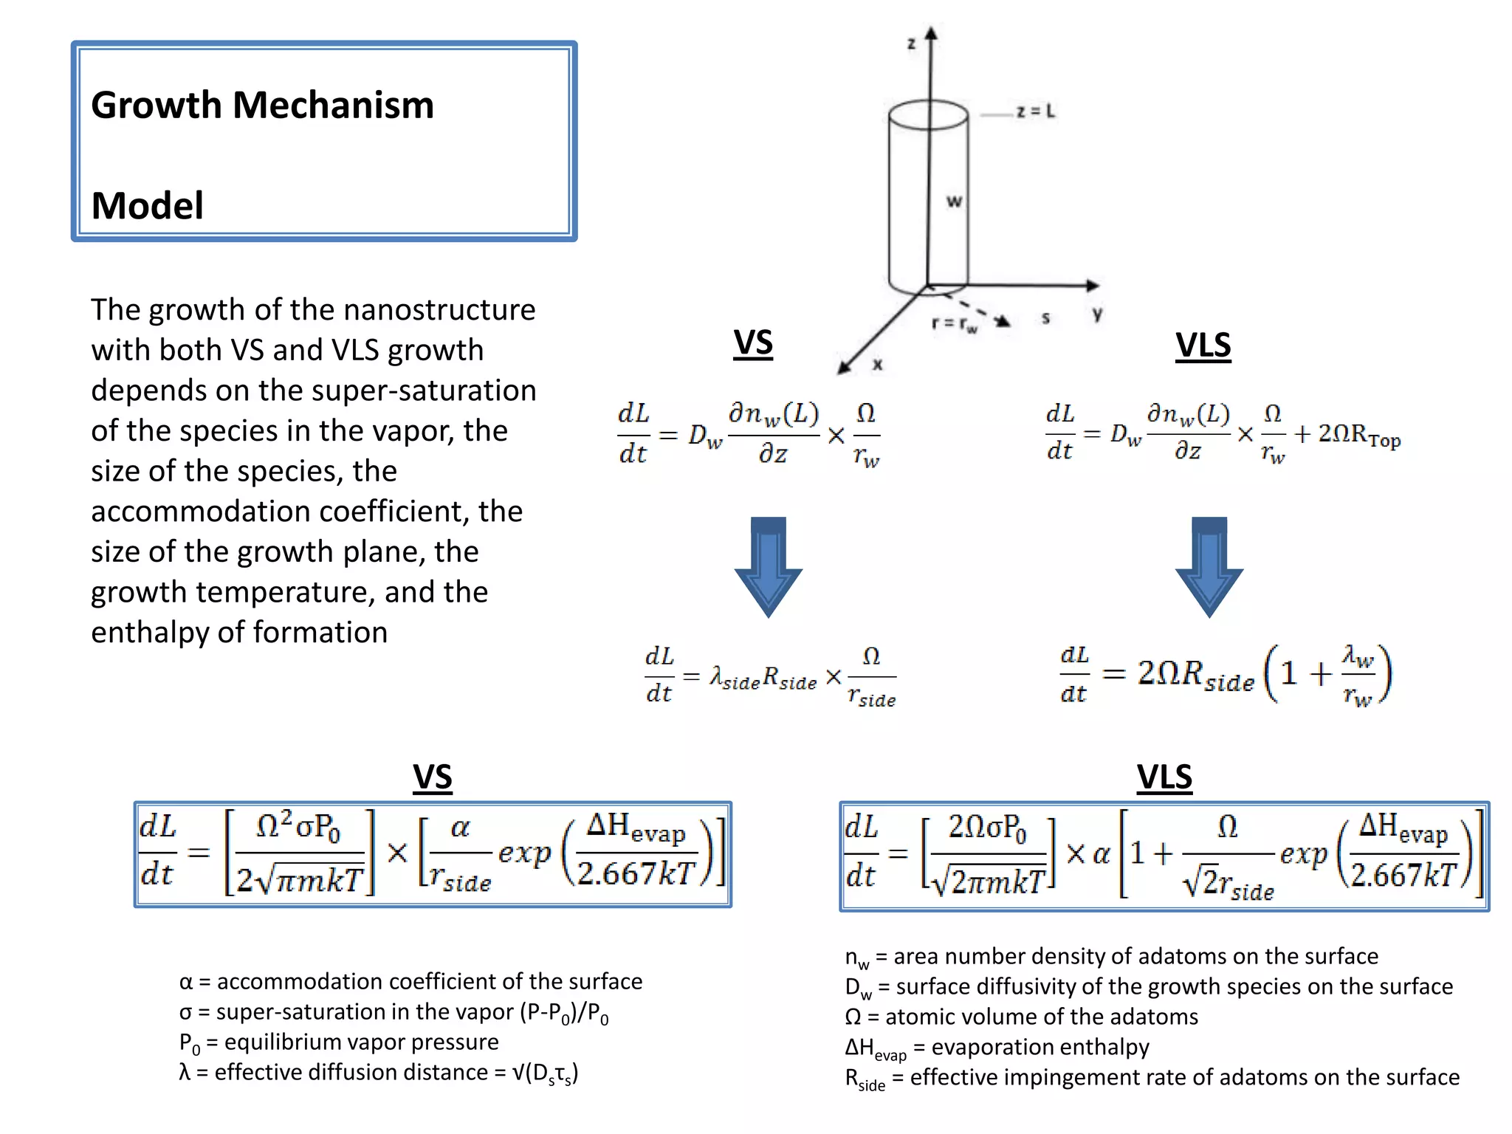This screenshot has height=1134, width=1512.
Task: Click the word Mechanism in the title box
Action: coord(333,105)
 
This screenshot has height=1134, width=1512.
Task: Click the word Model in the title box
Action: coord(147,205)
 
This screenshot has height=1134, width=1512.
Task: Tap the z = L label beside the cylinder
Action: coord(1035,111)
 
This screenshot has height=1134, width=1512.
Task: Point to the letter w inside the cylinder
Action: coord(954,201)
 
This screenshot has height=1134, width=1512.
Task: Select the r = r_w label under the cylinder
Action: coord(954,324)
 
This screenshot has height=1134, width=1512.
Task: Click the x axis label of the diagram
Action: coord(877,365)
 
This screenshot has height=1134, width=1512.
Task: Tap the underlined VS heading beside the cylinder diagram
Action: coord(753,343)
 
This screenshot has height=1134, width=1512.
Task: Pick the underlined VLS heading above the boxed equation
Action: coord(1164,777)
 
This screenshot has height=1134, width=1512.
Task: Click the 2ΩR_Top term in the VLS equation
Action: coord(1359,436)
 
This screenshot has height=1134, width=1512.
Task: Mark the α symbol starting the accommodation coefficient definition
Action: coord(185,982)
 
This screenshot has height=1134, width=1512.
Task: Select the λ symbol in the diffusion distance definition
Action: coord(185,1072)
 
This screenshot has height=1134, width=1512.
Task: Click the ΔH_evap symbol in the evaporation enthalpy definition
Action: coord(875,1048)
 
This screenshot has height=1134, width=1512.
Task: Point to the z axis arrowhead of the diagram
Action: coord(931,33)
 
